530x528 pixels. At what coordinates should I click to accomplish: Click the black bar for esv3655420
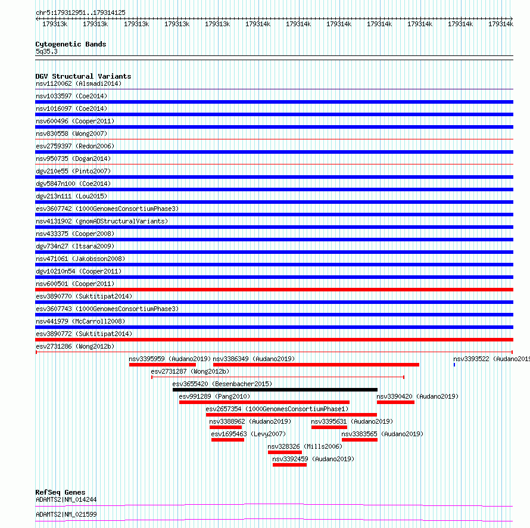pyautogui.click(x=275, y=390)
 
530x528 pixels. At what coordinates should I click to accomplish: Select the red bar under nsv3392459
pyautogui.click(x=289, y=465)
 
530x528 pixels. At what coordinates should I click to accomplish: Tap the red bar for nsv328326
pyautogui.click(x=285, y=452)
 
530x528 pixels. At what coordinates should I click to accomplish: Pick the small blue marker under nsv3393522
pyautogui.click(x=454, y=365)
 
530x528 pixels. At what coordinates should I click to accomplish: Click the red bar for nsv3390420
pyautogui.click(x=395, y=402)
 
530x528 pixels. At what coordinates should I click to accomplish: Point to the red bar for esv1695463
pyautogui.click(x=227, y=440)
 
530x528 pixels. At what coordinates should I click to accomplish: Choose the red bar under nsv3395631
pyautogui.click(x=329, y=427)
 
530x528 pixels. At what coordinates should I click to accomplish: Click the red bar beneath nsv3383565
pyautogui.click(x=359, y=440)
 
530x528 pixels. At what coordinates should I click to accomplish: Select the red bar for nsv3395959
pyautogui.click(x=162, y=365)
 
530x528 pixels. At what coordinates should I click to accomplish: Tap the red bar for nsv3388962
pyautogui.click(x=226, y=427)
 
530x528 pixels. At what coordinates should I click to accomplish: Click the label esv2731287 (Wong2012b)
pyautogui.click(x=190, y=371)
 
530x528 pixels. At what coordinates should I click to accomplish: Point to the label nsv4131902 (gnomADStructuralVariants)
pyautogui.click(x=102, y=221)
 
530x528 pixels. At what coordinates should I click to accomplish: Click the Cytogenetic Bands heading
pyautogui.click(x=71, y=44)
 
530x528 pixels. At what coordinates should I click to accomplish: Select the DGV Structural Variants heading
pyautogui.click(x=83, y=76)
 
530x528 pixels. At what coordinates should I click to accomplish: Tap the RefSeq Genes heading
pyautogui.click(x=60, y=492)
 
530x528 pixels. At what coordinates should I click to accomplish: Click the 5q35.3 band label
pyautogui.click(x=46, y=51)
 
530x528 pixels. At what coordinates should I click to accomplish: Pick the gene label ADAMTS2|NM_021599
pyautogui.click(x=66, y=514)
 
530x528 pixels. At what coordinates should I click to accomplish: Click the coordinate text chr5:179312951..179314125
pyautogui.click(x=80, y=13)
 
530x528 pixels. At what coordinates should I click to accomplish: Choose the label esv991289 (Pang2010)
pyautogui.click(x=214, y=396)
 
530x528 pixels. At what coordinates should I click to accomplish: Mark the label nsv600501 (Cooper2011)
pyautogui.click(x=75, y=284)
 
